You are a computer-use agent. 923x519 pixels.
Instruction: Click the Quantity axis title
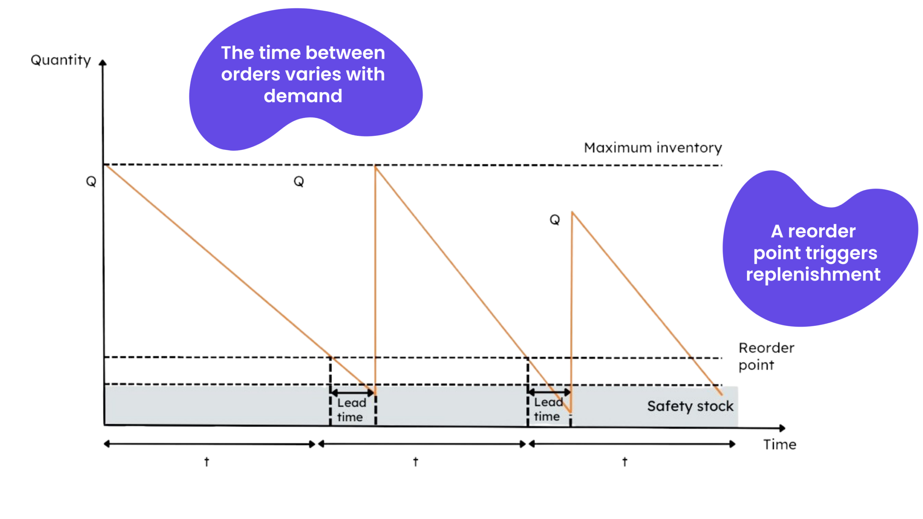pyautogui.click(x=61, y=60)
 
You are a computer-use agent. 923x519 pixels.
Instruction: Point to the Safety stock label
pyautogui.click(x=690, y=406)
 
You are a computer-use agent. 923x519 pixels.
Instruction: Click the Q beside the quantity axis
pyautogui.click(x=91, y=181)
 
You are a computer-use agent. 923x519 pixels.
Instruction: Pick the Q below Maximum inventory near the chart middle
pyautogui.click(x=299, y=181)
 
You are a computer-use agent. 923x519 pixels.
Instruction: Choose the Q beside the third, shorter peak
pyautogui.click(x=554, y=219)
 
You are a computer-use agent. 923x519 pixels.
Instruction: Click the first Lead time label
pyautogui.click(x=351, y=409)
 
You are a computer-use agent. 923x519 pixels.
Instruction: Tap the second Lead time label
pyautogui.click(x=548, y=409)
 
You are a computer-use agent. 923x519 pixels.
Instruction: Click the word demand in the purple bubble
pyautogui.click(x=302, y=96)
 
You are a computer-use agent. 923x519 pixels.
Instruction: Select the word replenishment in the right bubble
pyautogui.click(x=813, y=274)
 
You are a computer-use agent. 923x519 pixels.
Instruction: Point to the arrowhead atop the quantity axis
pyautogui.click(x=102, y=62)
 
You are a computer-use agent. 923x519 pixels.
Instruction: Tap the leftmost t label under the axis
pyautogui.click(x=207, y=461)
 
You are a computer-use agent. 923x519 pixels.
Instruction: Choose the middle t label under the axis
pyautogui.click(x=415, y=461)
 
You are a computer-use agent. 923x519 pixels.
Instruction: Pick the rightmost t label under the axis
pyautogui.click(x=624, y=461)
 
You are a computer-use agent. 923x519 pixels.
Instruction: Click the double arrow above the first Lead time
pyautogui.click(x=352, y=392)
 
